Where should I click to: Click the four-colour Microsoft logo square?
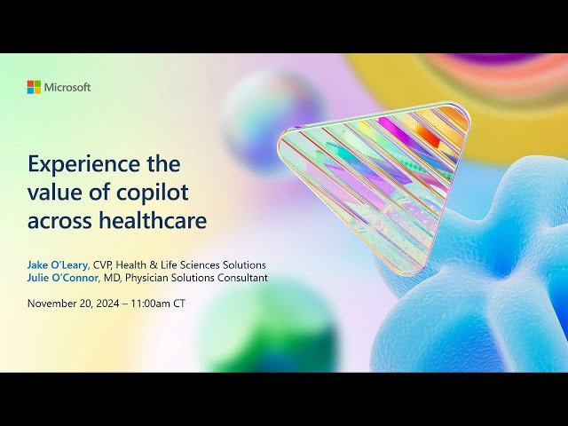coord(34,87)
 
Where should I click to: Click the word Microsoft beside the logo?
coord(67,87)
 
